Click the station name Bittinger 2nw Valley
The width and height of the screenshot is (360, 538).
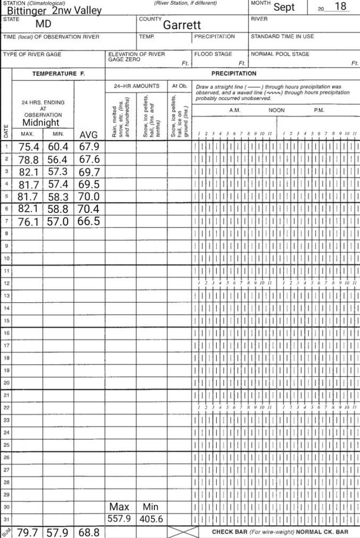[x=54, y=11]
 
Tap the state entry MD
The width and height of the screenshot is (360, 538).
[x=43, y=24]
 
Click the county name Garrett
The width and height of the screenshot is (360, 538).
[x=182, y=25]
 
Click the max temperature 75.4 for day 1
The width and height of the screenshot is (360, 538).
[x=30, y=147]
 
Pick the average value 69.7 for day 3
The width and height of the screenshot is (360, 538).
[x=89, y=171]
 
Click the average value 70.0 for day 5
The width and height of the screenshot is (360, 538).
[x=89, y=196]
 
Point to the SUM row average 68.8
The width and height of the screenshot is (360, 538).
[x=89, y=532]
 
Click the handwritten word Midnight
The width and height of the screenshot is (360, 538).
[x=41, y=122]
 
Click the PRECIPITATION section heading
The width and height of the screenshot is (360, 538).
[x=234, y=73]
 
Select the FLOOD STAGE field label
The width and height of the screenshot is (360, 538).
[x=213, y=54]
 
